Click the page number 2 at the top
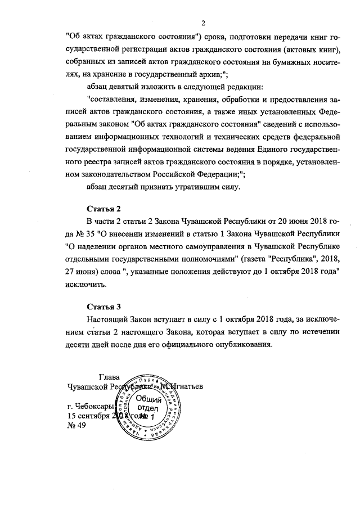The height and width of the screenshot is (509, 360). coord(204,22)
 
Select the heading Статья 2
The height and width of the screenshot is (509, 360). coord(103,209)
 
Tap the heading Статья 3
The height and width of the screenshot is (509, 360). coord(103,307)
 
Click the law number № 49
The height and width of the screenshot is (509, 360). coord(76,425)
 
